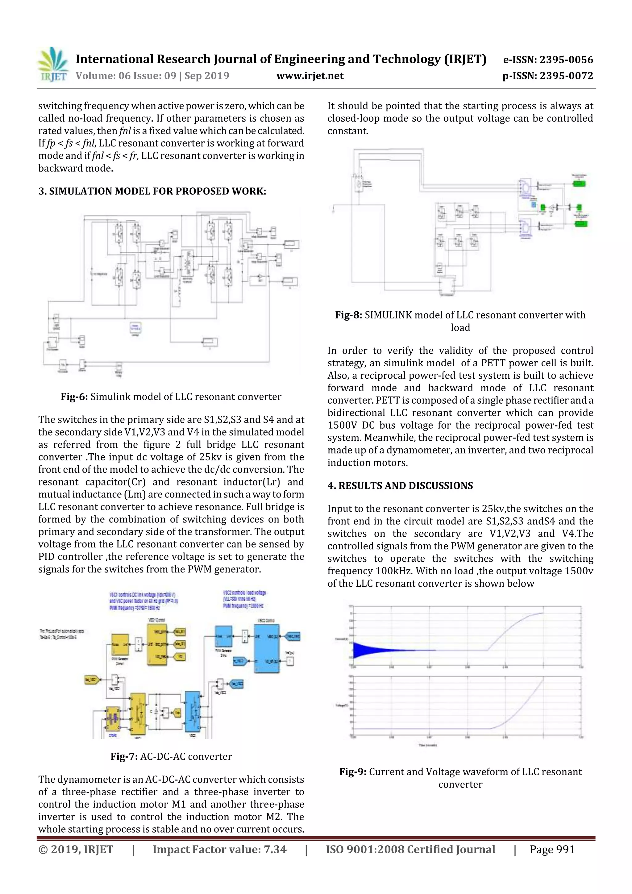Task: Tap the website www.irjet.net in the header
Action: coord(310,76)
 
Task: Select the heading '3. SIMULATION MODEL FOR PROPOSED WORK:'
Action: coord(152,191)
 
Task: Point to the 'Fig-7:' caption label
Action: coord(124,756)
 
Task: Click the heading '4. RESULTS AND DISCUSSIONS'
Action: coord(400,485)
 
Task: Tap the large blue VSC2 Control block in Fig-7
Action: coord(266,648)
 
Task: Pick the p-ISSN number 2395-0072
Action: coord(548,76)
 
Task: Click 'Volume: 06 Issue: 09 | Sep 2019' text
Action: coord(152,76)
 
